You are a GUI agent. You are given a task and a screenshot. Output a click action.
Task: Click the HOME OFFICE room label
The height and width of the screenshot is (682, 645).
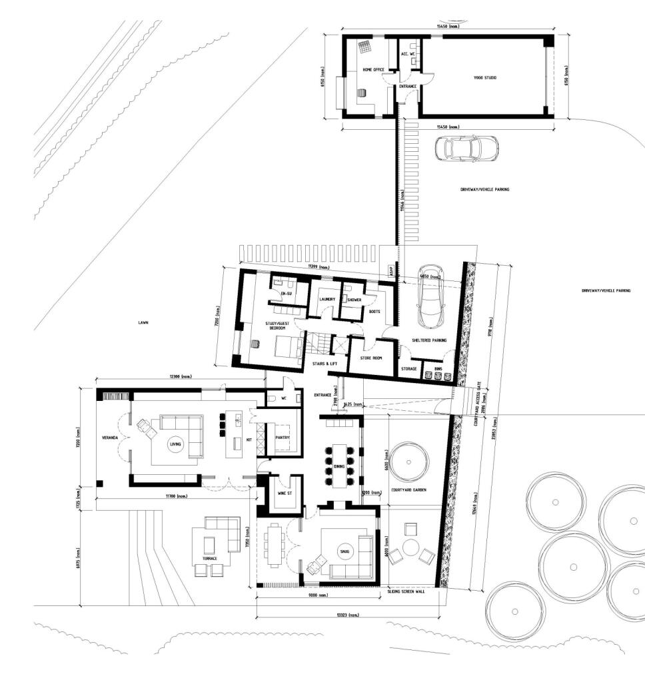(373, 69)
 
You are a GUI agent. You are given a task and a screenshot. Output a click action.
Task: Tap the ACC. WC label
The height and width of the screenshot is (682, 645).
(408, 53)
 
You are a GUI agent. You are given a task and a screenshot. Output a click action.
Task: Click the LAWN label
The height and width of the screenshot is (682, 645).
(143, 322)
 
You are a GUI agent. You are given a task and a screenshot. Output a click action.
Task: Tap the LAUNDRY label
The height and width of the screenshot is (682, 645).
(326, 299)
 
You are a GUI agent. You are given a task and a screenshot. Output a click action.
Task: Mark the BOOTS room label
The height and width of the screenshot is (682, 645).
(374, 311)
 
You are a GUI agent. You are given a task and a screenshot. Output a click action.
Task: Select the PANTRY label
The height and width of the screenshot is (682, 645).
(282, 437)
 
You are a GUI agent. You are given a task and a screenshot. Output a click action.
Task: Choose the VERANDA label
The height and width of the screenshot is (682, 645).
(110, 438)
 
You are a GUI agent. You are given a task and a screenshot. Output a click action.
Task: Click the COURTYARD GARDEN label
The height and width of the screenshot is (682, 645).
(409, 490)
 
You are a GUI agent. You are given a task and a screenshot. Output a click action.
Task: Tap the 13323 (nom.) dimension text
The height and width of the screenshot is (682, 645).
(348, 615)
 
